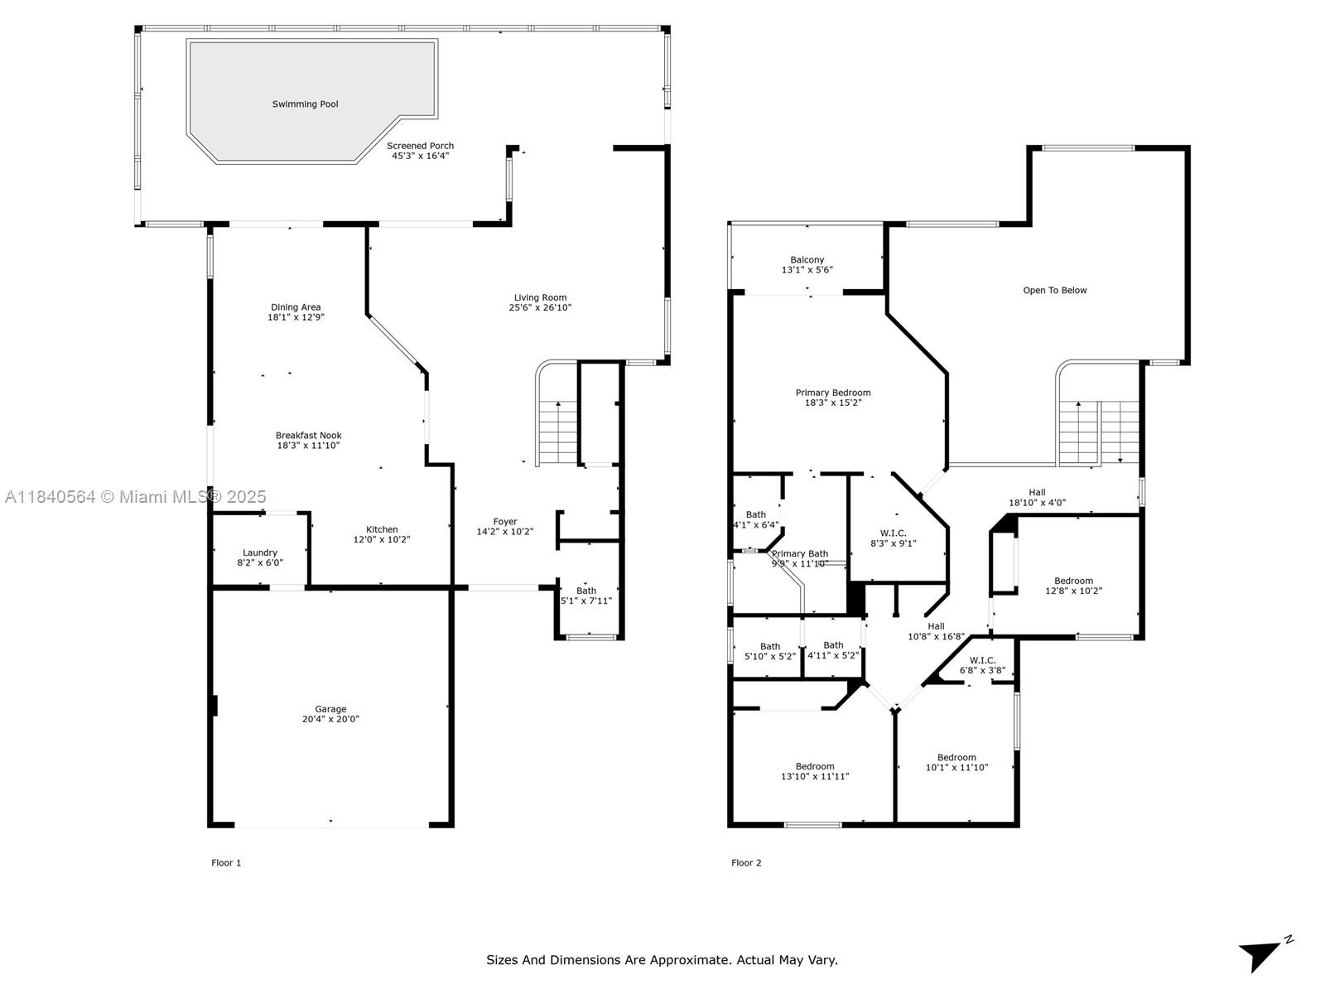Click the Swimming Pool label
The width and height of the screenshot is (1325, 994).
(x=305, y=104)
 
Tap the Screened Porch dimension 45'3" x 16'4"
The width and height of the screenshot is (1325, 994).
(x=420, y=156)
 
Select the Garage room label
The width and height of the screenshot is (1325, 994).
(x=330, y=709)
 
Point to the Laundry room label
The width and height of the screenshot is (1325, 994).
(x=260, y=552)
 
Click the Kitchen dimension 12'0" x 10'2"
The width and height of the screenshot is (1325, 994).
(x=382, y=540)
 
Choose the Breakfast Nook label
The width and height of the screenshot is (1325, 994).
(x=308, y=435)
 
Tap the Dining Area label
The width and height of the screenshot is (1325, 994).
(x=296, y=307)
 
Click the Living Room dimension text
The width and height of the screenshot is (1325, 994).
(x=540, y=308)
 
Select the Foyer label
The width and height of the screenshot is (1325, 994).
(x=505, y=522)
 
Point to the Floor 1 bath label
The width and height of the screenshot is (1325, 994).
(x=586, y=591)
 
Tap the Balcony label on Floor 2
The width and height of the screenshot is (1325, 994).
(x=807, y=260)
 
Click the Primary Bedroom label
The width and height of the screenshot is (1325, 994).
(x=833, y=393)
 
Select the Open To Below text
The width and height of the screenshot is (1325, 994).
(x=1054, y=291)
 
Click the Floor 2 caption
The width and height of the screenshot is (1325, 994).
(x=746, y=863)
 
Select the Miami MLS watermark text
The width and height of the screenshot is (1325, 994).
(x=136, y=497)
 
